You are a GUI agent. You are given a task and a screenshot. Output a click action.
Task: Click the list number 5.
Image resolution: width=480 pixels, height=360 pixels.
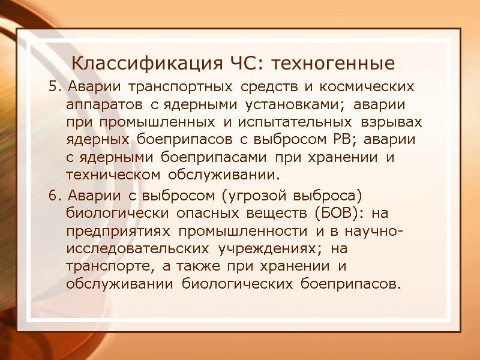tap(55, 87)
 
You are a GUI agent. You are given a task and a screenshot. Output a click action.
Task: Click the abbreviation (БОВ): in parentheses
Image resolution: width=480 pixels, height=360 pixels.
tap(336, 214)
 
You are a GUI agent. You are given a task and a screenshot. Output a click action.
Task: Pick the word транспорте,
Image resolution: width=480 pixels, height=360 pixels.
tap(105, 266)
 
